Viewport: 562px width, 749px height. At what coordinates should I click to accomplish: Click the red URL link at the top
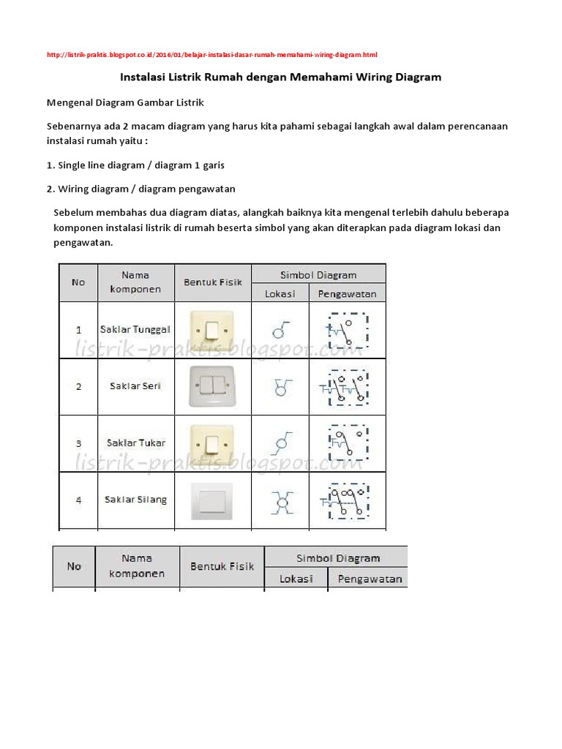(x=211, y=55)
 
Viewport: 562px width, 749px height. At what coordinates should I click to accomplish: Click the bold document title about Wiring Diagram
(x=280, y=76)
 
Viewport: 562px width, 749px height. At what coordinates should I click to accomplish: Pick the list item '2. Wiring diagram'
(x=140, y=189)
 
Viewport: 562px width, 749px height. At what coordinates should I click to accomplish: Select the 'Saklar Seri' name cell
(x=135, y=386)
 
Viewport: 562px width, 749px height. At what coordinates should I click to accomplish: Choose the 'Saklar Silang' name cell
(x=135, y=500)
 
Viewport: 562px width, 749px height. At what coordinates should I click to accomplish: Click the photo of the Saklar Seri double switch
(x=212, y=386)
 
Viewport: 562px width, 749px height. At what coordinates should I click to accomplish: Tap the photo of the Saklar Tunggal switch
(x=212, y=330)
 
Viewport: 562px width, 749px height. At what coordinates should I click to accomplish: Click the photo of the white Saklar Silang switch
(x=212, y=500)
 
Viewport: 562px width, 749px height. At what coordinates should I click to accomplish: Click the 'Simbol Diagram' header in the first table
(x=318, y=275)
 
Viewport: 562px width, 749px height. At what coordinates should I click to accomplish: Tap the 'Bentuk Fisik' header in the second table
(x=222, y=566)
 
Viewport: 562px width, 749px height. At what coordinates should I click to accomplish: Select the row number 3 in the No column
(x=78, y=443)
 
